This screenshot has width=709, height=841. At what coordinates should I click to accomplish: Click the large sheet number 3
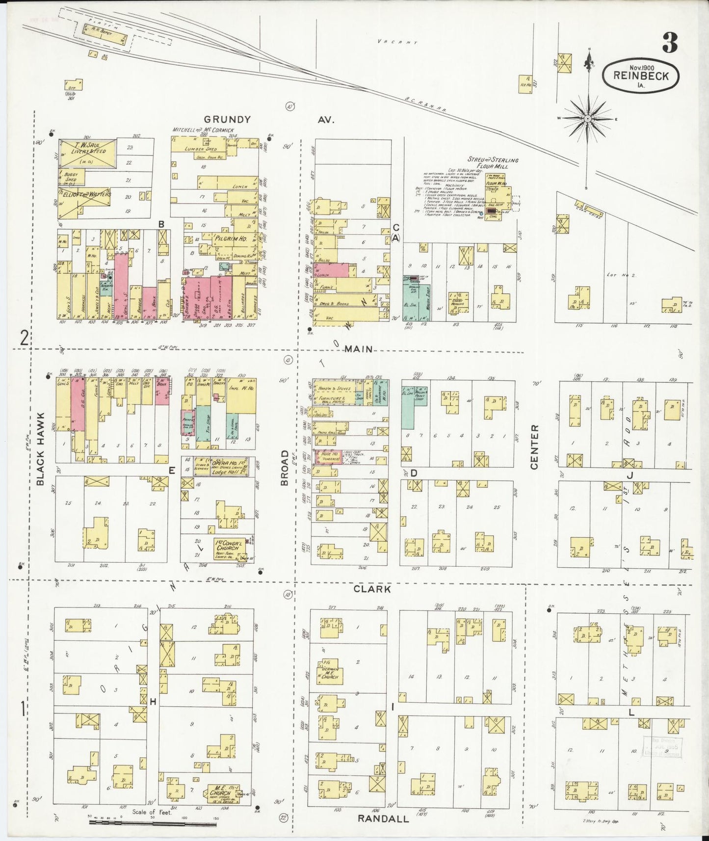[669, 43]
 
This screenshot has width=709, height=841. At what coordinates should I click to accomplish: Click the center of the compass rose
[587, 119]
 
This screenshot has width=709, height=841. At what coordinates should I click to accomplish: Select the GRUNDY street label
[227, 119]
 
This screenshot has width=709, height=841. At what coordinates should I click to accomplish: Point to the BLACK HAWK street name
[41, 449]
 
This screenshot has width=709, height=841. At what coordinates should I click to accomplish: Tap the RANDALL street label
[383, 818]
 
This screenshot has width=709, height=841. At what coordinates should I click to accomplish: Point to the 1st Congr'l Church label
[227, 547]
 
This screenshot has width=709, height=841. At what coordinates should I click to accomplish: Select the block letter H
[153, 702]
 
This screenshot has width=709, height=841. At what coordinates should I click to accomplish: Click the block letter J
[630, 475]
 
